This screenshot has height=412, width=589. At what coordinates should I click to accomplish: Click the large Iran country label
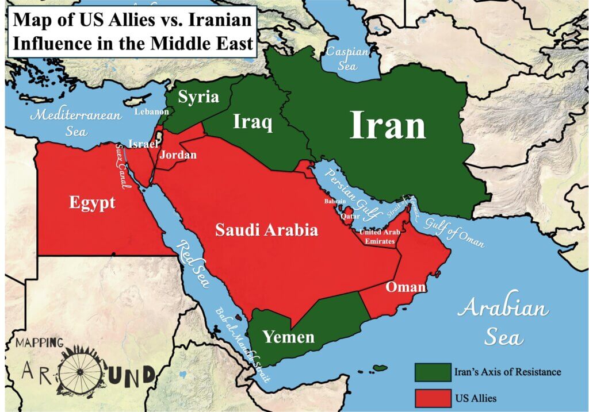pos(388,125)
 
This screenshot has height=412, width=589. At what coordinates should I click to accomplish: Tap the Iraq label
pos(253,122)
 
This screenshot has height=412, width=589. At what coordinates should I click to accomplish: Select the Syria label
pos(198,97)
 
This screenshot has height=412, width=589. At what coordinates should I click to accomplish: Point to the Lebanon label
pos(152,112)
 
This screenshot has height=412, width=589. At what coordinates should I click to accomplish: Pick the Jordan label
pos(178,155)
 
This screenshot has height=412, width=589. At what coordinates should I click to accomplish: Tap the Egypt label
pos(92,202)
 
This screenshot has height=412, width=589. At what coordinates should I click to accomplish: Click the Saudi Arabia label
pos(266,230)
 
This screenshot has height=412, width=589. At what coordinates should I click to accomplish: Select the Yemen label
pos(289,336)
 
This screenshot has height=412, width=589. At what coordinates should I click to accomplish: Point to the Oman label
pos(406,287)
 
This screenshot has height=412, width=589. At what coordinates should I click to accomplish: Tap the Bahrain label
pos(335,202)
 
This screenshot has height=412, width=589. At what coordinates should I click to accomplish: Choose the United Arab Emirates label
pos(378,236)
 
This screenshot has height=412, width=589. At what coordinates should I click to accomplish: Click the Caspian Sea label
pos(347,58)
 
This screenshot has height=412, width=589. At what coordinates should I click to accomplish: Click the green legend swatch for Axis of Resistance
pos(433,372)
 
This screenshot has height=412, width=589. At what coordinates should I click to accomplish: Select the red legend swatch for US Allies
pos(433,397)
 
